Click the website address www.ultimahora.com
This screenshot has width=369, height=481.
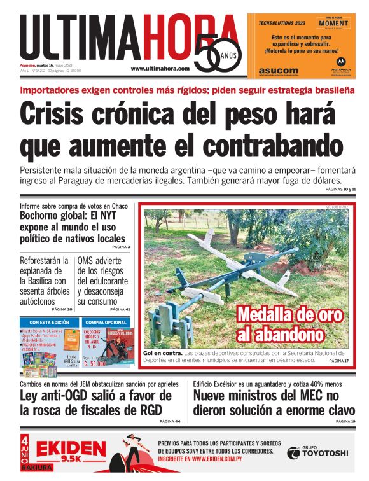[x=160, y=68]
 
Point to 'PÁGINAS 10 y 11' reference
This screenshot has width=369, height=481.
[x=341, y=190]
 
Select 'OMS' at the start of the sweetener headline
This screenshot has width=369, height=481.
[x=87, y=260]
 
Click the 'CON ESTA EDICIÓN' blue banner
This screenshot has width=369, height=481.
[x=50, y=323]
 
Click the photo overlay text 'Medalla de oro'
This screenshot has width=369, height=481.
[x=290, y=315]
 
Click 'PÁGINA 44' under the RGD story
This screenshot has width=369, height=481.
[x=170, y=421]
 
